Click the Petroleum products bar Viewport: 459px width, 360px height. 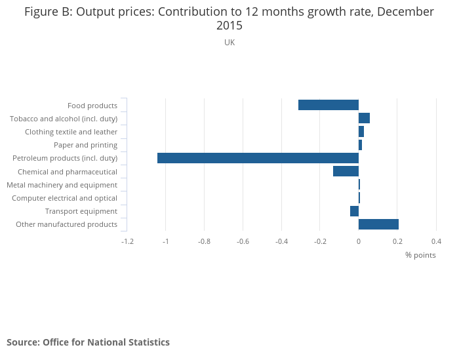[258, 158]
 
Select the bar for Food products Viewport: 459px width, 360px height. [328, 105]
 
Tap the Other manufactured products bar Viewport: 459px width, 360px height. [378, 224]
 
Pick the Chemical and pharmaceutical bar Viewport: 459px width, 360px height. [346, 171]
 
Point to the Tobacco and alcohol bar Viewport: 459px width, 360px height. [364, 118]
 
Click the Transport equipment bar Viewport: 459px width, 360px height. [354, 211]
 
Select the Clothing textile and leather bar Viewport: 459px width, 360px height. [361, 132]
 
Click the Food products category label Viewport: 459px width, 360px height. [92, 106]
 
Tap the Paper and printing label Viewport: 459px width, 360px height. [85, 145]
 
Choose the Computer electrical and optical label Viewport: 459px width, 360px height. [64, 198]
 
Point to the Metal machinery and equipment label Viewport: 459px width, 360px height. [62, 185]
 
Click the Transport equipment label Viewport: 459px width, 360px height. [81, 211]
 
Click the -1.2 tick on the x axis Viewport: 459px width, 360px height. [128, 241]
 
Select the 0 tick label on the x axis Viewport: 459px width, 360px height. [359, 241]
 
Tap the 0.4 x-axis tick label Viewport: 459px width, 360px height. [436, 241]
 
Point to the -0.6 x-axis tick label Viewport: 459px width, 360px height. [243, 241]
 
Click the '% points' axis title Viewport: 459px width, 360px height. [420, 255]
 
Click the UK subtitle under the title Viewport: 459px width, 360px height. [229, 43]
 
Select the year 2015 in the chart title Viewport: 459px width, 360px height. [229, 26]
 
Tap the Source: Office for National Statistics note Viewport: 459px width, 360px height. [89, 342]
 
